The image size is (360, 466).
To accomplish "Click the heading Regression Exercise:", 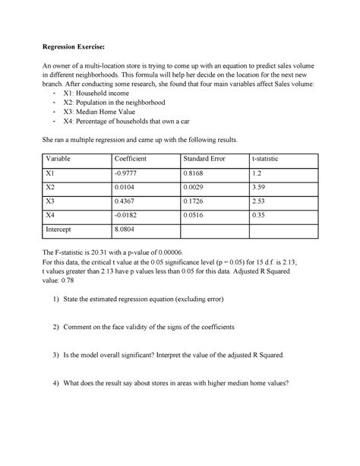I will (x=79, y=43).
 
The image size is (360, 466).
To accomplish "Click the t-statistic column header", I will (x=270, y=159).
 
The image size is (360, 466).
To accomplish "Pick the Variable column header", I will (x=62, y=159).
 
